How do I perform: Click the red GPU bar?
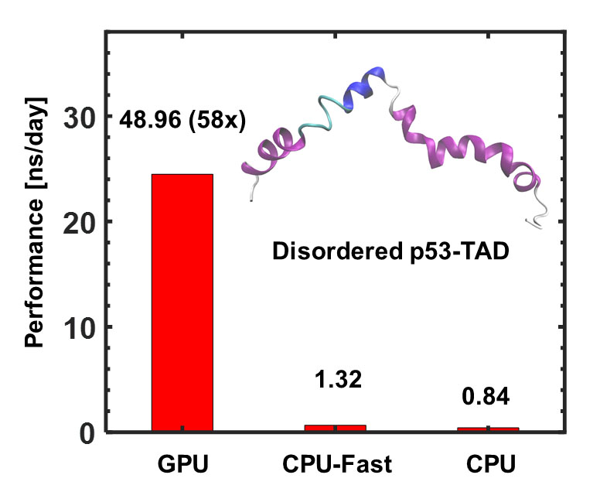pyautogui.click(x=182, y=302)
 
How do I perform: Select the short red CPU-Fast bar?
pyautogui.click(x=335, y=426)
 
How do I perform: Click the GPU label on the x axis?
pyautogui.click(x=182, y=466)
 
